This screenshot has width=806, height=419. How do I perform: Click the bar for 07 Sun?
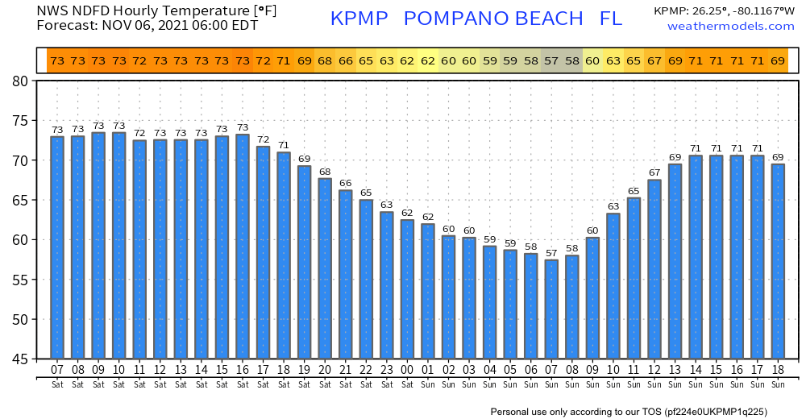click(551, 309)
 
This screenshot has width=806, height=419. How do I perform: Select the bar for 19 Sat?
click(304, 262)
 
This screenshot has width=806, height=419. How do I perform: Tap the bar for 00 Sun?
click(407, 289)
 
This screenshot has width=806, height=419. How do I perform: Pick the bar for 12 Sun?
click(654, 269)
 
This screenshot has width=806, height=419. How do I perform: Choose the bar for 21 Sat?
click(345, 275)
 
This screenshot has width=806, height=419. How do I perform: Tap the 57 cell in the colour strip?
click(551, 60)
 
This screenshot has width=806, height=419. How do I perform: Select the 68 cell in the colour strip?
click(324, 60)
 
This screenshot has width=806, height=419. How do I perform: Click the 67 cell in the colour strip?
click(654, 60)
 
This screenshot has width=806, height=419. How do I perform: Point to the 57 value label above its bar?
click(551, 253)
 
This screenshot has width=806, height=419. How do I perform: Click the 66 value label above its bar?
click(345, 184)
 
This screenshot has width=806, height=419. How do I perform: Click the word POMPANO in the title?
click(494, 19)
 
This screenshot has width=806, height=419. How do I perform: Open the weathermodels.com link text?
click(730, 27)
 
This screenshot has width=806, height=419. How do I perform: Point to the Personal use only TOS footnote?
click(628, 412)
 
